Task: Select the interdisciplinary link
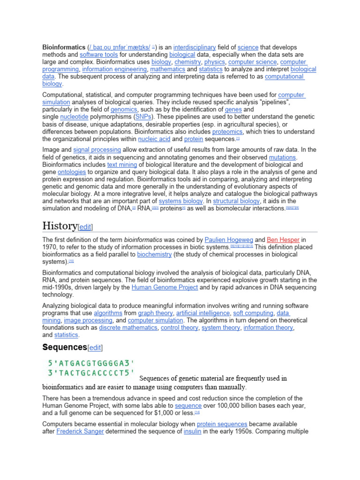(194, 47)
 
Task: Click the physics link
(215, 62)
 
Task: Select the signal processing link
(97, 150)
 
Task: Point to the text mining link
(122, 165)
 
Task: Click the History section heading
(60, 226)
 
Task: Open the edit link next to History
(85, 227)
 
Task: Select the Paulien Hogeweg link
(228, 240)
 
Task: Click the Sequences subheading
(65, 347)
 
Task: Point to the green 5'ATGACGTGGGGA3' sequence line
(91, 363)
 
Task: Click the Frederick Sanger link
(80, 431)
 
